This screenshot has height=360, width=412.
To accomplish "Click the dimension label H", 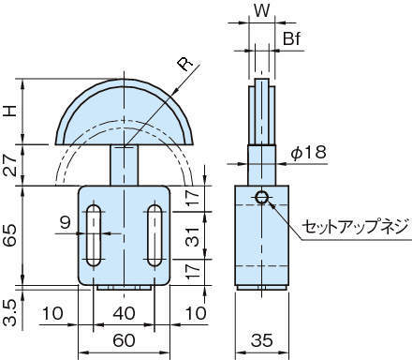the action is coord(11,112).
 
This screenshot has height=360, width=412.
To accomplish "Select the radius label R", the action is coord(185,64).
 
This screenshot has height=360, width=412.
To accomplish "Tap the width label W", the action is coord(262,10).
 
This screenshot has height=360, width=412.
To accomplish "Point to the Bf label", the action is coord(291,38).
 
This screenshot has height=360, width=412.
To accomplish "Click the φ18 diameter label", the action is coord(309,153).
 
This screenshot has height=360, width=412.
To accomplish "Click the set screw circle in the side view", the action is coord(261,197).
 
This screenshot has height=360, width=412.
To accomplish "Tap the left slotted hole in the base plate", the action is coord(94,235).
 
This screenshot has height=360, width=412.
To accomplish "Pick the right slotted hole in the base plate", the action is coord(154,235).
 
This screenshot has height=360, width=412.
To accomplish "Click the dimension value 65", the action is coord(10,235).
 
